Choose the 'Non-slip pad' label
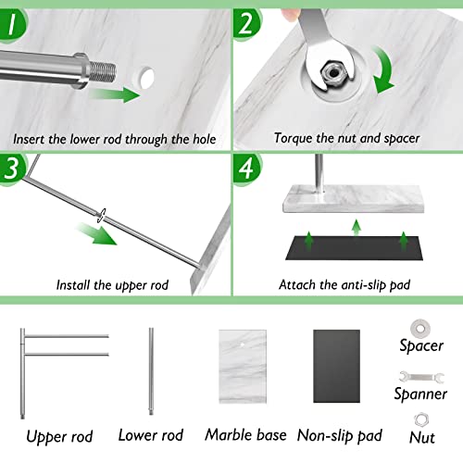pyautogui.click(x=342, y=434)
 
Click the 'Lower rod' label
pyautogui.click(x=151, y=434)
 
